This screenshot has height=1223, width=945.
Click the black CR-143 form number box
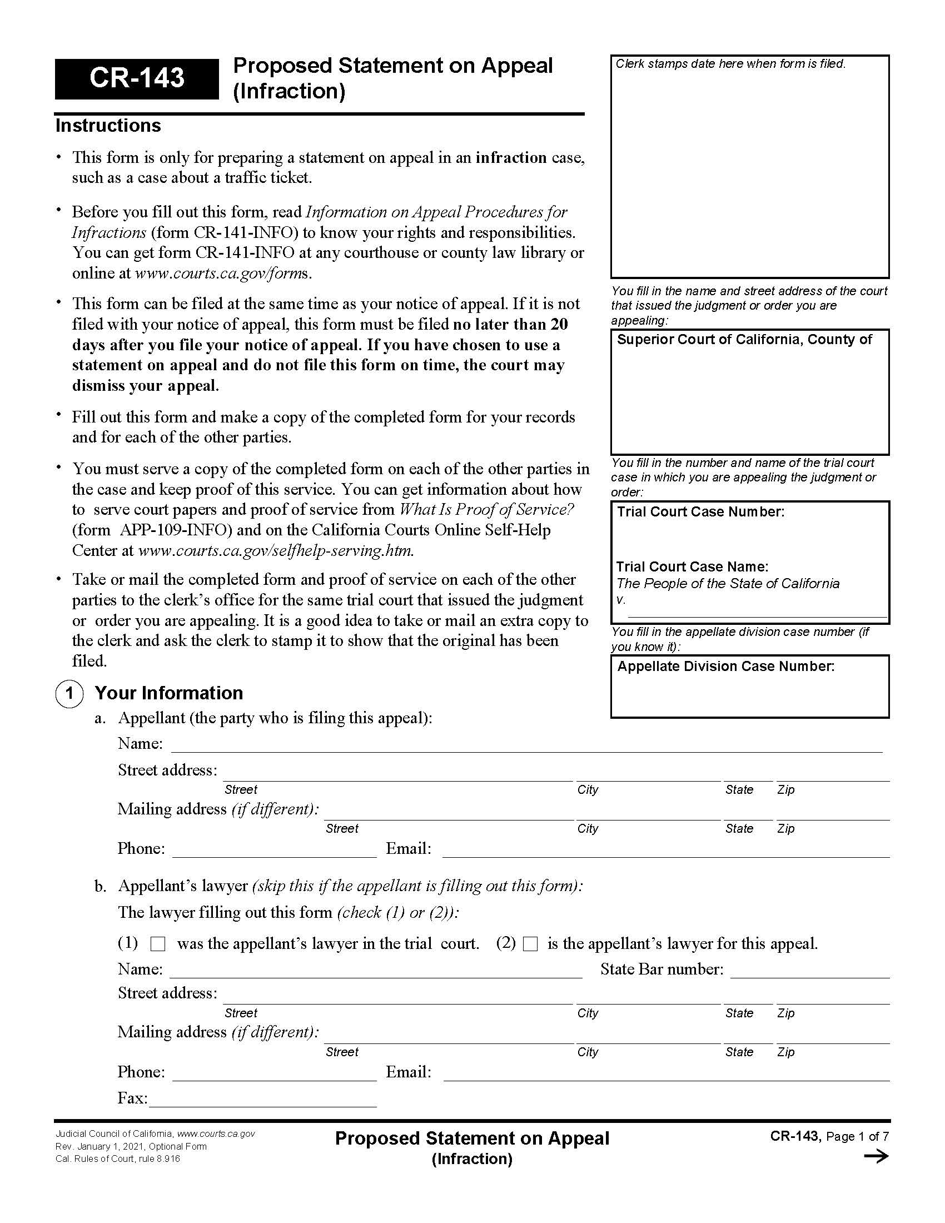pos(137,78)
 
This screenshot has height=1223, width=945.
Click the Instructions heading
pos(108,126)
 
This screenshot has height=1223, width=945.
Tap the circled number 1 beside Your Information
pos(69,693)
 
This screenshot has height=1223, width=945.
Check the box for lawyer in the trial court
pos(158,944)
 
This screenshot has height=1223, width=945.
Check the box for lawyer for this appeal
pos(530,944)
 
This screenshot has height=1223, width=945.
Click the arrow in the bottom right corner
pos(876,1157)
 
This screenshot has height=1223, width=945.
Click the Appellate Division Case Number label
pos(725,667)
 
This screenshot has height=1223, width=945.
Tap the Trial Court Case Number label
pos(700,512)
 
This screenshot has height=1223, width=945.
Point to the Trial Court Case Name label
pos(692,566)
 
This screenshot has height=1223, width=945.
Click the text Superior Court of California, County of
pos(744,340)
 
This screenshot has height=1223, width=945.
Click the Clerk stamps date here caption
pos(730,64)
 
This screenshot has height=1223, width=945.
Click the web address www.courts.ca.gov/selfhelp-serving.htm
pos(275,551)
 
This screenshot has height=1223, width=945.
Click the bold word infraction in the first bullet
pos(510,158)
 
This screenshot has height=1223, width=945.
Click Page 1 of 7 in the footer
pos(857,1137)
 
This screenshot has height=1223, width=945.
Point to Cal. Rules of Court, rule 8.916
pos(117,1159)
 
